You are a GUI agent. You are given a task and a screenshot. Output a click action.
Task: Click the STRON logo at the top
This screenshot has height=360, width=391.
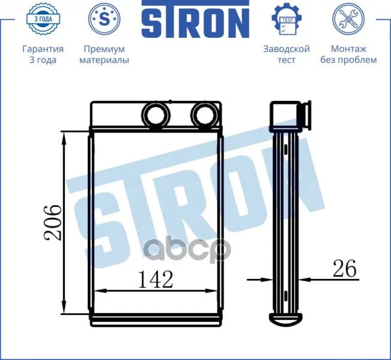click(x=196, y=19)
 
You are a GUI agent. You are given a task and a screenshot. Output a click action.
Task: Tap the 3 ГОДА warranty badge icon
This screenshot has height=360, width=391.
click(x=43, y=19)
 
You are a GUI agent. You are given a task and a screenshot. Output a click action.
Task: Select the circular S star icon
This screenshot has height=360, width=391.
click(x=105, y=19)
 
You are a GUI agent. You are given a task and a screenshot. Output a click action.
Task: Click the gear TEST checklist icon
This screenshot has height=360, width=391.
click(x=286, y=19)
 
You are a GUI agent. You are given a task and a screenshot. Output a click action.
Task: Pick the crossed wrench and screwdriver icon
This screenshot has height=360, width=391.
click(x=348, y=19)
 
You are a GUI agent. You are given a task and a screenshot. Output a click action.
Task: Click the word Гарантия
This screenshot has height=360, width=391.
click(x=43, y=49)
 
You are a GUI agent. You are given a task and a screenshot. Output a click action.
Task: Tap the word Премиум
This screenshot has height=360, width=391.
click(x=105, y=49)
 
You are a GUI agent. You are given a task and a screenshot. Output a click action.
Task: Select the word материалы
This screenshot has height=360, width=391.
click(x=105, y=60)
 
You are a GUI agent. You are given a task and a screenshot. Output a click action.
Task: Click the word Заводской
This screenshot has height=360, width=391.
click(x=286, y=49)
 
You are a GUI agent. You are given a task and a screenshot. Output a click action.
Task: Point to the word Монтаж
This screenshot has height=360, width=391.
click(x=348, y=49)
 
